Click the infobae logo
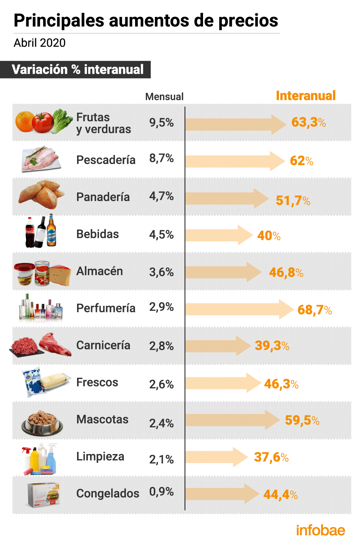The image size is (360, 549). click(x=320, y=530)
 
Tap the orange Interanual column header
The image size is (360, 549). click(x=306, y=96)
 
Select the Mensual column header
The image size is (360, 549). click(x=164, y=97)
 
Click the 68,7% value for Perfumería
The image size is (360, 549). click(x=314, y=310)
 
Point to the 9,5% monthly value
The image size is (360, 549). click(x=161, y=123)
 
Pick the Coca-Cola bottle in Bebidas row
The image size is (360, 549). click(x=30, y=233)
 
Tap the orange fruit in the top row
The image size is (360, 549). click(x=25, y=121)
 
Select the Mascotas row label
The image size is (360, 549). click(x=102, y=419)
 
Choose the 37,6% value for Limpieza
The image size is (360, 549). click(x=271, y=457)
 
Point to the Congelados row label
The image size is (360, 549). click(x=108, y=494)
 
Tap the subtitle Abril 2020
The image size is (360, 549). click(x=40, y=43)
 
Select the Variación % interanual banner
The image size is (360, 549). click(x=77, y=69)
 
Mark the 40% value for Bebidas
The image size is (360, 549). click(x=269, y=236)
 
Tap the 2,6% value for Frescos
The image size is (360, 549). click(x=161, y=384)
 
